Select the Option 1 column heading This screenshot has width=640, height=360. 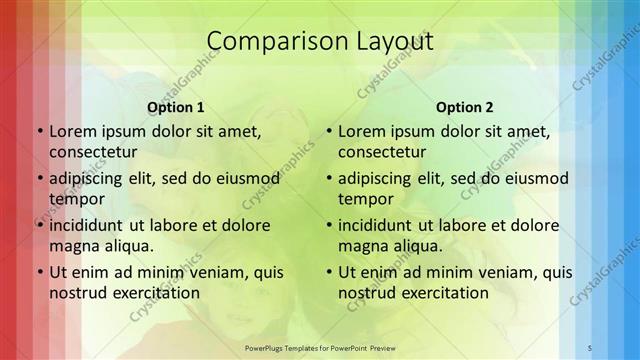(x=175, y=107)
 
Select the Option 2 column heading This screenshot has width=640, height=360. (x=465, y=107)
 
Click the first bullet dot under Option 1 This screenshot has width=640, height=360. (x=40, y=132)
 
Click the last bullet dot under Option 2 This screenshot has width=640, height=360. (x=329, y=272)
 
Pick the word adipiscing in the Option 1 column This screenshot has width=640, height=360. (x=90, y=179)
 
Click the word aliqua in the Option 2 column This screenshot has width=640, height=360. (x=418, y=245)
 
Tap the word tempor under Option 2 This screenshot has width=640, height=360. (x=364, y=198)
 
